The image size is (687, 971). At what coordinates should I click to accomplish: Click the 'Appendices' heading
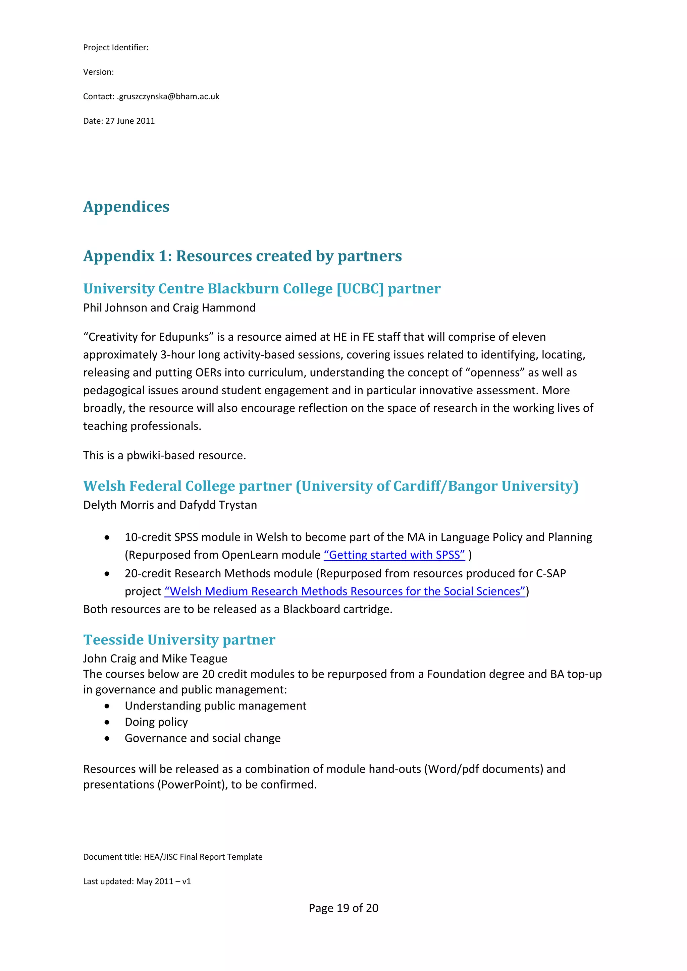coord(126,207)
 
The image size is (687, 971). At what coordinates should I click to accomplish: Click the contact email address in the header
coord(168,97)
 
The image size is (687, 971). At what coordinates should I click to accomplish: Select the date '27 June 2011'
coord(130,121)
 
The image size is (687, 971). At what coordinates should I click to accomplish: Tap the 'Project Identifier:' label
coord(115,47)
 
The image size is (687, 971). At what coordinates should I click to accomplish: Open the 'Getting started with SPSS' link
coord(394,555)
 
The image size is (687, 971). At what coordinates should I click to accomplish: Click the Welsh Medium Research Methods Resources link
coord(345,591)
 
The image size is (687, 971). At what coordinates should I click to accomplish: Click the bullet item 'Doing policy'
coord(156,722)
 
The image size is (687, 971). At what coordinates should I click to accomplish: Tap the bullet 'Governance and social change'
coord(202,738)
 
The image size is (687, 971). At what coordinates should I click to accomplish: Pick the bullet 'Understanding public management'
coord(215,706)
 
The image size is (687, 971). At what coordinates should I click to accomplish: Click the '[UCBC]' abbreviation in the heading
coord(360,288)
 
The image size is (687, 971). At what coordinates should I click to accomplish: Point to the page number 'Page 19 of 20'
coord(343,908)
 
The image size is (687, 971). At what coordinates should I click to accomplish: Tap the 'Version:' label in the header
coord(98,72)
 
